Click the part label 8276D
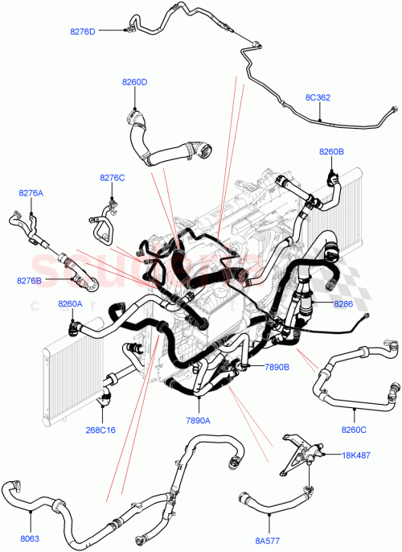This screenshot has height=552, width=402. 82,31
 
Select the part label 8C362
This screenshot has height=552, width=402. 318,98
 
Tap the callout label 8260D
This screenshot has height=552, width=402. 134,82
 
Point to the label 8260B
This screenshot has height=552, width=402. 331,151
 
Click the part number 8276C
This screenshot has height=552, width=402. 113,177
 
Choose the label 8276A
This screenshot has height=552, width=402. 31,193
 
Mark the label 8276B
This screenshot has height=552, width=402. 29,280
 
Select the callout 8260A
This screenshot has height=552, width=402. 70,303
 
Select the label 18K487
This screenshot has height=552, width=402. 355,455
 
